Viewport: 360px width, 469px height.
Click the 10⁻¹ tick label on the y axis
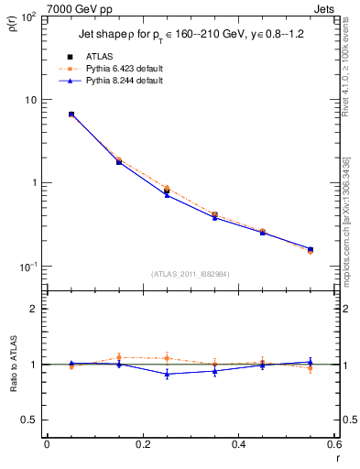click(x=28, y=267)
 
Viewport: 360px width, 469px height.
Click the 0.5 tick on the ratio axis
click(x=31, y=420)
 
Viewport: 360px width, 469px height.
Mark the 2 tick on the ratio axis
click(x=35, y=309)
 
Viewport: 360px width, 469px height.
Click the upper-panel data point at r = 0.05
click(x=71, y=115)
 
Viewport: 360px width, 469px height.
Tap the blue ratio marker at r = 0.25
click(x=167, y=374)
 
